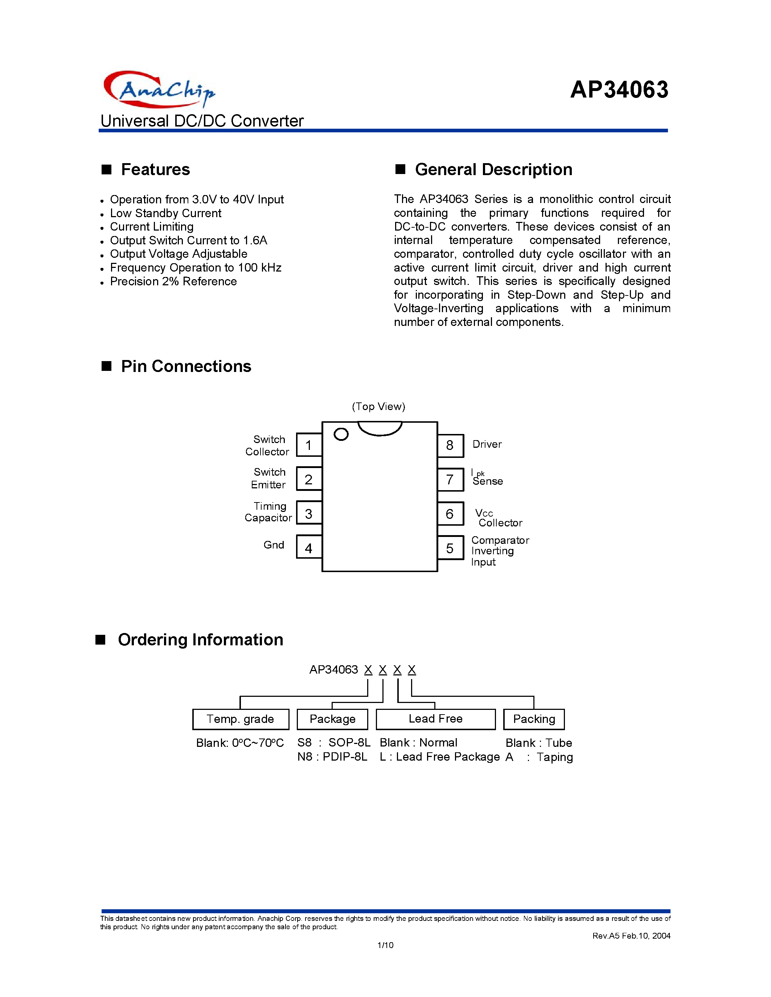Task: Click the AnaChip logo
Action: [159, 89]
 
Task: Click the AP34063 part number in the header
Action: [619, 90]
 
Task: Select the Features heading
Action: [155, 169]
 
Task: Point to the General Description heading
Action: [493, 169]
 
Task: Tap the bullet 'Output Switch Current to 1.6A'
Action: [188, 241]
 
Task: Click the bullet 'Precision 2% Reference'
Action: [173, 282]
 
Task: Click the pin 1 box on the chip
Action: [309, 445]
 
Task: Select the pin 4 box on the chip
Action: [309, 548]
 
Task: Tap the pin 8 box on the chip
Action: [450, 445]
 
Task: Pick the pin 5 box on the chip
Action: [450, 548]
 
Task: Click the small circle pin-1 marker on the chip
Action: [341, 434]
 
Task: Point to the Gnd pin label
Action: [274, 545]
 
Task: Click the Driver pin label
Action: [487, 444]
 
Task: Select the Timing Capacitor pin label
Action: [268, 512]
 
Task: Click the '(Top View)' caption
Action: [378, 406]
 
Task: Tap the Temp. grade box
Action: [241, 719]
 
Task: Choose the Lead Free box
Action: [435, 719]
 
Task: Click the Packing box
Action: [534, 719]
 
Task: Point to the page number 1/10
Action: [385, 945]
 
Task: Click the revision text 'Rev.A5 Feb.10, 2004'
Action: [631, 936]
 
